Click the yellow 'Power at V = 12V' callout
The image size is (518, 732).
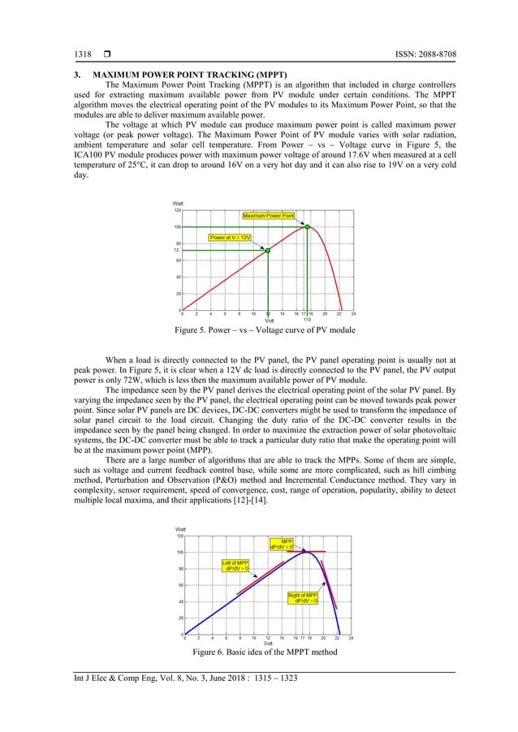point(231,238)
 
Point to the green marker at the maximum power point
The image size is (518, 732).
point(307,226)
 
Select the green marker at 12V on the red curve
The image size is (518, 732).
point(267,251)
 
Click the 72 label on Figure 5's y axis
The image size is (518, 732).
point(176,250)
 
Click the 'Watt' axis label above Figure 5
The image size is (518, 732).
point(178,203)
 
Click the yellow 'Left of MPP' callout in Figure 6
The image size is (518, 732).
point(236,566)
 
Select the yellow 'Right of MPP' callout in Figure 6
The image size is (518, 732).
point(302,598)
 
